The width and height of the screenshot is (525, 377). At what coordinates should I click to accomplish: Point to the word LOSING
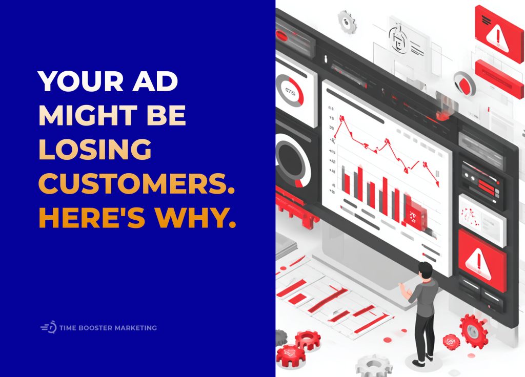coord(95,151)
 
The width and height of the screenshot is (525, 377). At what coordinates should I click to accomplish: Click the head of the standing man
coord(425,269)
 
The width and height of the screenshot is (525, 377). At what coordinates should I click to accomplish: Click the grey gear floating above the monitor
coord(347,21)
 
